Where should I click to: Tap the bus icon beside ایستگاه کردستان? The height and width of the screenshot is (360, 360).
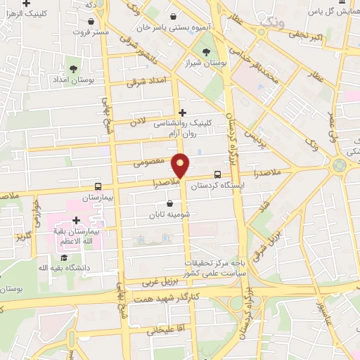click(217, 174)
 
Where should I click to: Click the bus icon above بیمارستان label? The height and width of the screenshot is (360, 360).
click(97, 187)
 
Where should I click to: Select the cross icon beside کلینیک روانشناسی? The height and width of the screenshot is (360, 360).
click(182, 112)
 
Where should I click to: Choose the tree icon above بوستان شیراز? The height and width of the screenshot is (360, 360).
click(206, 51)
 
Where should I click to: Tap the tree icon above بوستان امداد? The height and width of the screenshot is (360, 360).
click(74, 68)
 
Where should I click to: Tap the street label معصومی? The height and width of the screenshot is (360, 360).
click(148, 162)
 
